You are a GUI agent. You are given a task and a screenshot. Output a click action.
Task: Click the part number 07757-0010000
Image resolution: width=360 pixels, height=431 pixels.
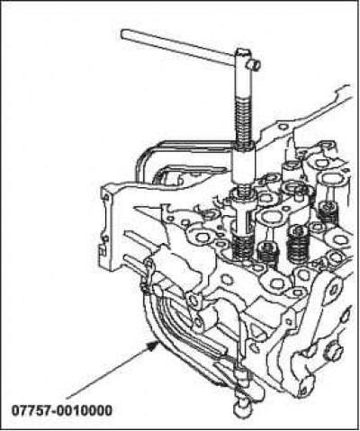point(62,410)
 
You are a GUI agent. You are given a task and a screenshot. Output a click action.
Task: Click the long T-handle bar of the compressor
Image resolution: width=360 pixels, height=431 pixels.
point(177,47)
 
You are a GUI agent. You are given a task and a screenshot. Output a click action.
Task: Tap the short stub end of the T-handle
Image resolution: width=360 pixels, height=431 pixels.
point(254,65)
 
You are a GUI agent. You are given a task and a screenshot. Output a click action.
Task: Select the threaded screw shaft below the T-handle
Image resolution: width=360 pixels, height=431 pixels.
point(243,120)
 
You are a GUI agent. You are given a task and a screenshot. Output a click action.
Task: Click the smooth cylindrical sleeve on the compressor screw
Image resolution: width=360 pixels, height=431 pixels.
point(244,164)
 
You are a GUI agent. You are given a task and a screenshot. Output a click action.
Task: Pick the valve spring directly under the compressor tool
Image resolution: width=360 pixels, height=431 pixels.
point(243,247)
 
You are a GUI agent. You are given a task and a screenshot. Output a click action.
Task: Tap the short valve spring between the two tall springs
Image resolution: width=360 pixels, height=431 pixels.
point(267,254)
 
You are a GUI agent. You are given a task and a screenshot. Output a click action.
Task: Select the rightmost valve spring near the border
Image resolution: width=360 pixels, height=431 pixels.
point(328,213)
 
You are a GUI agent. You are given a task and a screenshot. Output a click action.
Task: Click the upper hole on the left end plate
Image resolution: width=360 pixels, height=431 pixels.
point(105,198)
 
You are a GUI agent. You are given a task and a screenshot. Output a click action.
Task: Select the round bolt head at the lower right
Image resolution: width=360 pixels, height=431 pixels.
point(332,354)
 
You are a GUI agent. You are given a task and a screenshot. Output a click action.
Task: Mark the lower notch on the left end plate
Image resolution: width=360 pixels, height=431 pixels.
point(103,250)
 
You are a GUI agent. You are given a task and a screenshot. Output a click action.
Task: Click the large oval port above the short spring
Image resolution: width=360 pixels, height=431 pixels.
point(272,217)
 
